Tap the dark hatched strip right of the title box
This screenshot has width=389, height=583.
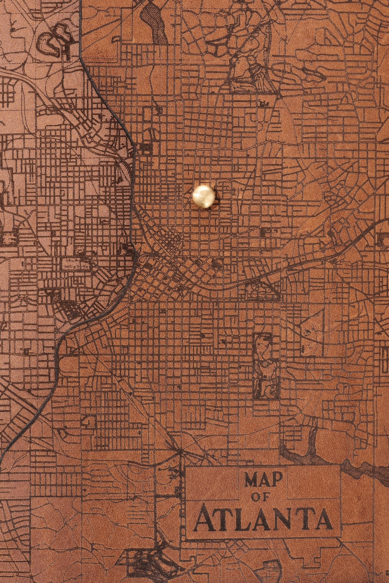[x=363, y=470]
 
